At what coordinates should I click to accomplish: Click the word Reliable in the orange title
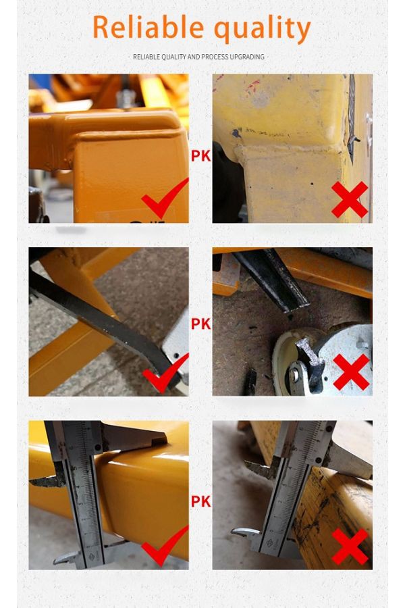click(148, 27)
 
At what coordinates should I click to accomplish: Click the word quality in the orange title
click(263, 30)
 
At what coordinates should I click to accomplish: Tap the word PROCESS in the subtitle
click(215, 57)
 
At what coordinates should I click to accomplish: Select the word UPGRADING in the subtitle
click(247, 57)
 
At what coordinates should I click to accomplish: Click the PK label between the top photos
click(200, 156)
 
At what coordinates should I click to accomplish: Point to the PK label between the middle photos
click(200, 324)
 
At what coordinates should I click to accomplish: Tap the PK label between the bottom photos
click(200, 501)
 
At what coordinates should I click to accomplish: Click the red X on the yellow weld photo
click(350, 199)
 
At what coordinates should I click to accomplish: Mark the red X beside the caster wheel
click(351, 372)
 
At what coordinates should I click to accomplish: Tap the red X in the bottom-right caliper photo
click(350, 547)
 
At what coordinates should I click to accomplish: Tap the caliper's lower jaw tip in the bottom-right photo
click(234, 532)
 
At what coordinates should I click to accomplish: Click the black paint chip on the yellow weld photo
click(236, 134)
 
